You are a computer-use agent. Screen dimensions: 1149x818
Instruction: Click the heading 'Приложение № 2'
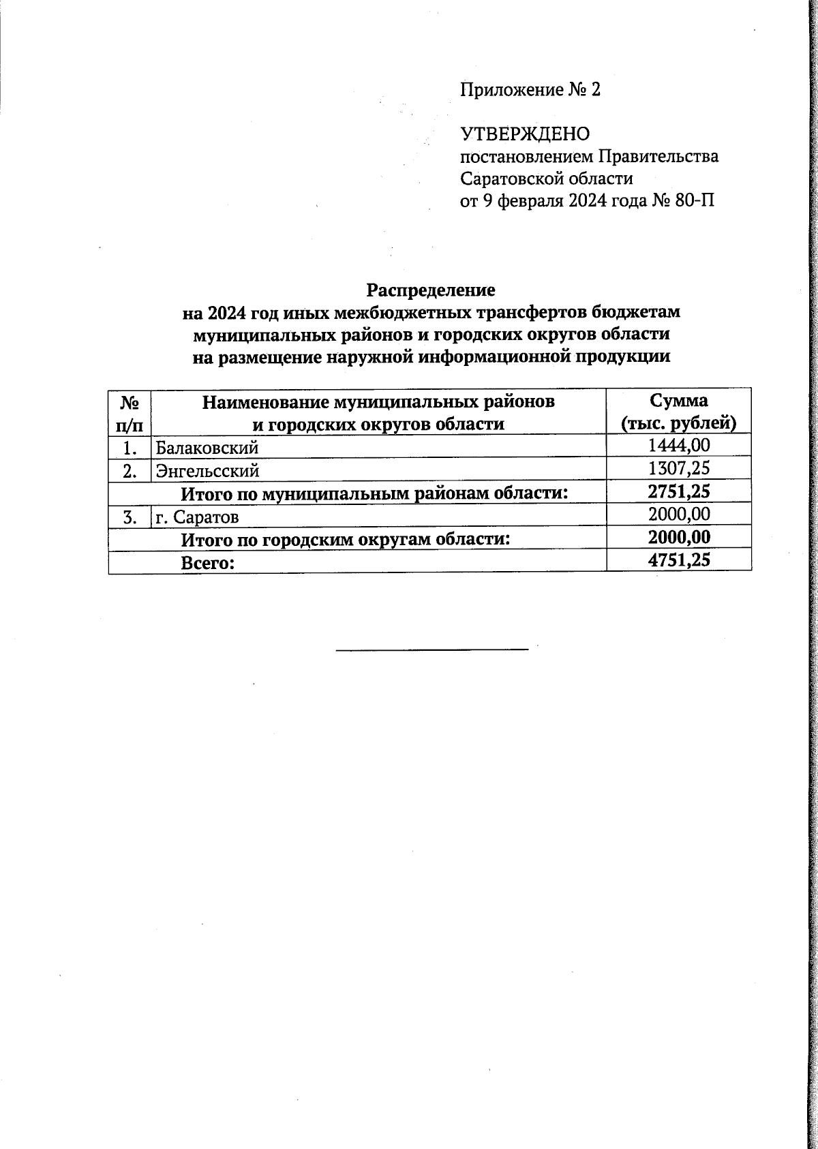tap(530, 90)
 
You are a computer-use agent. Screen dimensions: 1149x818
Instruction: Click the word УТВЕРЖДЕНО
tap(525, 134)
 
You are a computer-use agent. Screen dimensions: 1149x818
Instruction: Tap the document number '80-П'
tap(695, 201)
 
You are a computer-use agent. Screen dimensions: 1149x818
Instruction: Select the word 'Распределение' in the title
tap(431, 290)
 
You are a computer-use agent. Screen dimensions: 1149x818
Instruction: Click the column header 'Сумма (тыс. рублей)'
tap(678, 412)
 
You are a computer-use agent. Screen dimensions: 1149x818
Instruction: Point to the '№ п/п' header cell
tap(130, 412)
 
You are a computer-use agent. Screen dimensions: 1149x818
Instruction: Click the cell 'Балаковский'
tap(207, 448)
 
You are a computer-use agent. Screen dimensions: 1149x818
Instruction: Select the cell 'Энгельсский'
tap(207, 470)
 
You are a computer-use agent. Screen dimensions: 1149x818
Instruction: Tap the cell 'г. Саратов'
tap(197, 517)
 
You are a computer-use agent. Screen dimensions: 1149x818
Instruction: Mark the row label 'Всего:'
tap(207, 563)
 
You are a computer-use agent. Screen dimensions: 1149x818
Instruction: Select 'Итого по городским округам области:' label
tap(346, 540)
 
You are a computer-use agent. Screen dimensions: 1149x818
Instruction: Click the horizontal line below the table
tap(432, 649)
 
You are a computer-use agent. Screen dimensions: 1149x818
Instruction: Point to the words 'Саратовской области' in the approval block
tap(547, 179)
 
